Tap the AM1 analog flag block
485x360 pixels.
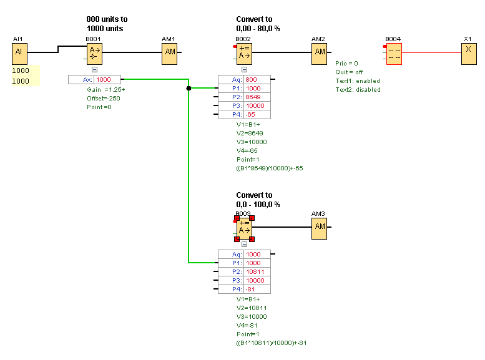point(170,52)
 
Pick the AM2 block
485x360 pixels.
point(320,52)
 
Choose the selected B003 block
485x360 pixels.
point(244,228)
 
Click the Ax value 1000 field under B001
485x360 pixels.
point(107,80)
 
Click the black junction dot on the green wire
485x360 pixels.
point(189,89)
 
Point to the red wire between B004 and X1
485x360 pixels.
point(431,53)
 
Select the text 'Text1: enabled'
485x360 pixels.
point(357,81)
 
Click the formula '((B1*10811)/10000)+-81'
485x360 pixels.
point(271,343)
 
